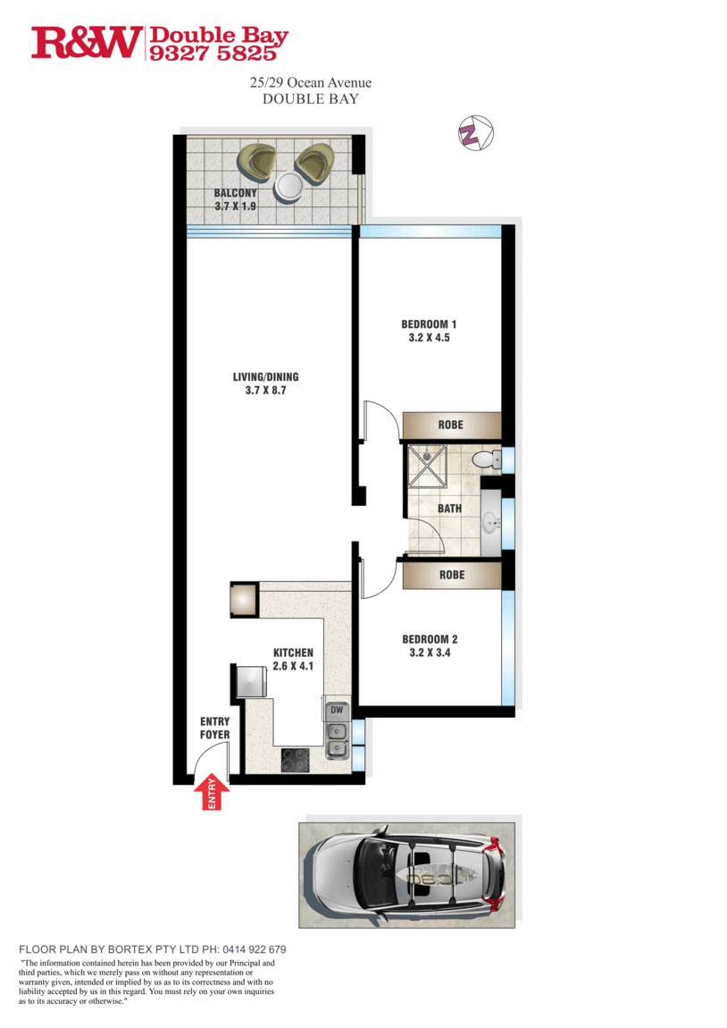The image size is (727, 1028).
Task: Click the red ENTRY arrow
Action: coord(212,793)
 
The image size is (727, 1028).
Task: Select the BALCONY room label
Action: coord(235,193)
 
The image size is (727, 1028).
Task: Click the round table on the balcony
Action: coord(290,186)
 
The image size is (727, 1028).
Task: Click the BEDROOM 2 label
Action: coord(430,639)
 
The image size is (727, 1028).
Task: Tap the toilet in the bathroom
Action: coord(483,460)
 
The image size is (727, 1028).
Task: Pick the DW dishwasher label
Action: coord(337,711)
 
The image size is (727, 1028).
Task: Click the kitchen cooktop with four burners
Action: coord(296,760)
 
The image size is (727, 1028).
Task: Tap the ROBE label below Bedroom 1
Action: coord(451,425)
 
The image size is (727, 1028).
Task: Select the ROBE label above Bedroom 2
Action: coord(452,575)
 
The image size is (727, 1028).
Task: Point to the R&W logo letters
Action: coord(87,43)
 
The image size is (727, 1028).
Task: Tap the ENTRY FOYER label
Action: coord(214,728)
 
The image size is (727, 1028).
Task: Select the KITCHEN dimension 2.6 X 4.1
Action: coord(293,666)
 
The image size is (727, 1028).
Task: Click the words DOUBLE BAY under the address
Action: coord(310,99)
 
